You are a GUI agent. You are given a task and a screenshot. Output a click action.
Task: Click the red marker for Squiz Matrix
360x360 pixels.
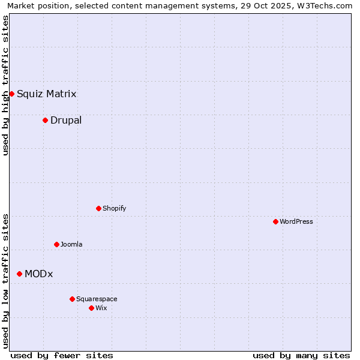[x=11, y=94]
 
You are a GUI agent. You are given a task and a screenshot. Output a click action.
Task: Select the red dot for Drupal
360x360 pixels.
[x=45, y=120]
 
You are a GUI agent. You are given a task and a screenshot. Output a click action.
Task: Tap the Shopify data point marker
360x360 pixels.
[x=98, y=208]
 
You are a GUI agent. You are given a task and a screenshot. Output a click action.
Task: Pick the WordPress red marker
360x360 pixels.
[x=275, y=221]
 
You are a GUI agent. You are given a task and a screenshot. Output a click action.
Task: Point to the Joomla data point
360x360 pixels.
[x=56, y=244]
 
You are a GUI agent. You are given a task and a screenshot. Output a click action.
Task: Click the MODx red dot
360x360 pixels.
[x=19, y=274]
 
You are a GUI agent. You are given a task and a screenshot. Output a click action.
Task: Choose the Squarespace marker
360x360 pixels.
[x=72, y=299]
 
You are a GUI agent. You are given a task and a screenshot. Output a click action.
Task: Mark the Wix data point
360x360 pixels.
[x=91, y=308]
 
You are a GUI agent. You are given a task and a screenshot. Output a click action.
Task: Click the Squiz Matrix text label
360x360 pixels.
[x=46, y=94]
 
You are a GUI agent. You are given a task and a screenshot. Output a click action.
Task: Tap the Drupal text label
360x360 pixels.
[x=66, y=120]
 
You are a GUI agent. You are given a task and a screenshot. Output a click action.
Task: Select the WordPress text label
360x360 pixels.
[x=296, y=221]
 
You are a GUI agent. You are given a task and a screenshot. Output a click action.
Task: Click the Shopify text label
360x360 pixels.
[x=114, y=208]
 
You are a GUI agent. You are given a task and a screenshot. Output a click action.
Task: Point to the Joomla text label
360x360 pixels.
[x=71, y=244]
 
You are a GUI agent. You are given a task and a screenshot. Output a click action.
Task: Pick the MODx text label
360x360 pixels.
[x=38, y=274]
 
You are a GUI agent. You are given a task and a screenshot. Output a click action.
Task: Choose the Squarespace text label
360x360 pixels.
[x=97, y=299]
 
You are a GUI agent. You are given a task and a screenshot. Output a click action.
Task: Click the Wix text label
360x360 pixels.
[x=101, y=308]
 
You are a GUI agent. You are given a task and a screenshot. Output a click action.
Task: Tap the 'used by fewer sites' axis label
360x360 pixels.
[x=62, y=355]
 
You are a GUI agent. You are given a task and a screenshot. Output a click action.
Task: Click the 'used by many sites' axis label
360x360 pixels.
[x=301, y=355]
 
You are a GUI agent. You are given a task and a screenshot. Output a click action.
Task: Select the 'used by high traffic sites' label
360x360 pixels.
[x=5, y=85]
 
